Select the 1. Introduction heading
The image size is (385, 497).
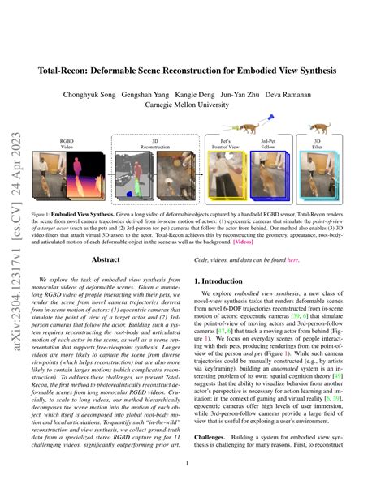coord(230,281)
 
